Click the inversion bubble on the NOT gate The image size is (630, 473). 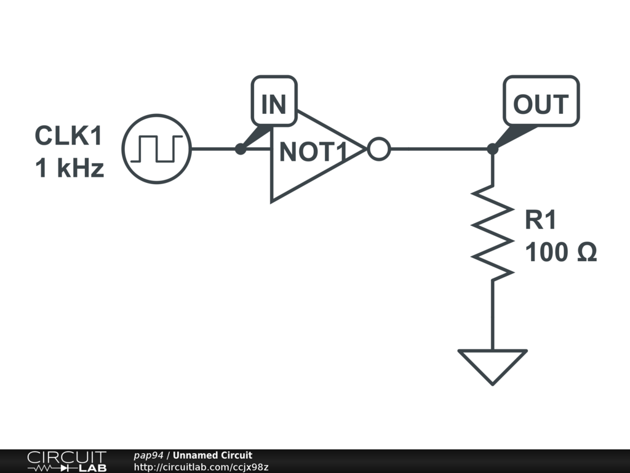point(378,149)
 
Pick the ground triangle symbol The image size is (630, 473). point(492,363)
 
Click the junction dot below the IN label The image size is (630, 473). point(241,149)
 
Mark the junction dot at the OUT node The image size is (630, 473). point(492,149)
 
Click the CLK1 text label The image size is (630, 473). point(68,135)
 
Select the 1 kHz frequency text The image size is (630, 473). point(70,168)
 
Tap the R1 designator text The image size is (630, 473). point(541,220)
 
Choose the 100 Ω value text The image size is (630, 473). point(560,252)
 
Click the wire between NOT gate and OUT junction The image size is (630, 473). point(440,149)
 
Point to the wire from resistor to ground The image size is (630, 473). point(492,314)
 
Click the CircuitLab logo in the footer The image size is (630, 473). point(66,461)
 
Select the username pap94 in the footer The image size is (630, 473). point(148,456)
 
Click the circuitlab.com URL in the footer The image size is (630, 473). point(201,467)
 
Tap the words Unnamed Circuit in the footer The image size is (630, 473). point(212,456)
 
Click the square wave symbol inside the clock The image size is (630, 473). point(157,148)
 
